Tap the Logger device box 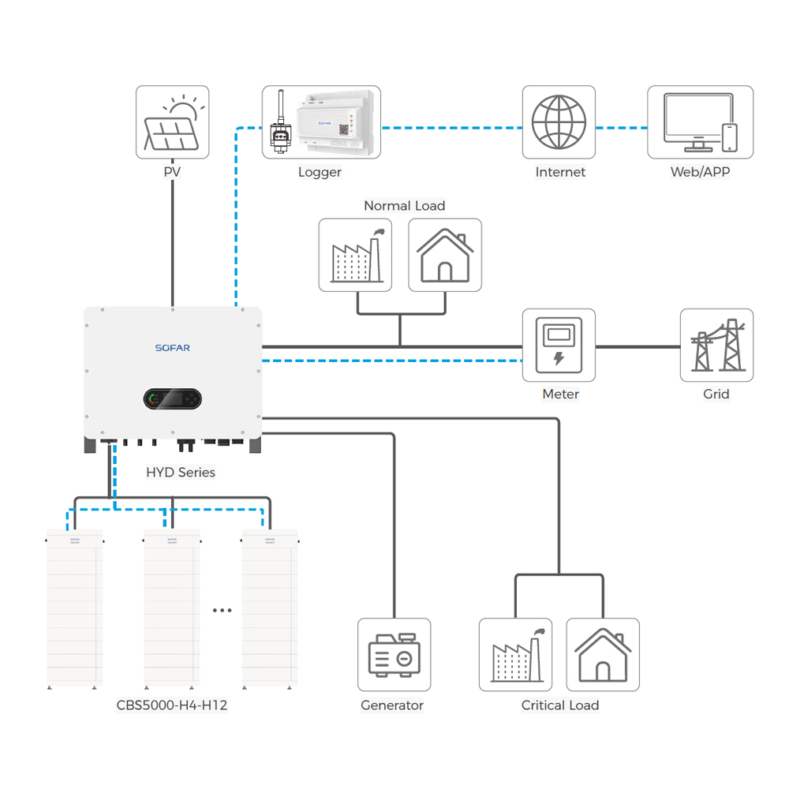[321, 122]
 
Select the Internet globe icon [559, 122]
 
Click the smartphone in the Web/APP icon [730, 137]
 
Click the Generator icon [394, 655]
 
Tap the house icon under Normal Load [445, 255]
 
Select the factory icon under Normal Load [355, 255]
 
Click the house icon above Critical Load [603, 655]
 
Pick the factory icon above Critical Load [515, 655]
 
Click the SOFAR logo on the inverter [172, 348]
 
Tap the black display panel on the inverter [173, 399]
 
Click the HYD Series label [181, 473]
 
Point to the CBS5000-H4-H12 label [172, 705]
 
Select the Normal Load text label [404, 206]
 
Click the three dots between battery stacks [222, 610]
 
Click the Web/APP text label [700, 172]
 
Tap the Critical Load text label [560, 705]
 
